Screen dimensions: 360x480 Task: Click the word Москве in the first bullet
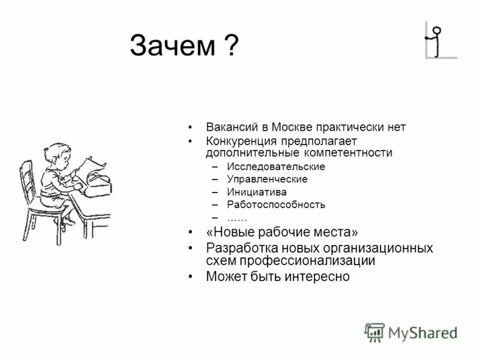coord(291,127)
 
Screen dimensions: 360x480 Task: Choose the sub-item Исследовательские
coord(276,166)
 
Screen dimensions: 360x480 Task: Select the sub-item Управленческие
coord(267,179)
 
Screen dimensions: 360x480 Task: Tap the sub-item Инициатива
coord(256,192)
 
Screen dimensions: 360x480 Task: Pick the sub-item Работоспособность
coord(276,205)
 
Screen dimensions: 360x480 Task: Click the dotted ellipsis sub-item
coord(237,217)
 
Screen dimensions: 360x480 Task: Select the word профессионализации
coord(307,261)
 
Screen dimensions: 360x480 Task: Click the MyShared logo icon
coord(374,332)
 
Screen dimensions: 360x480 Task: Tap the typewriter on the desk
coord(98,179)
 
